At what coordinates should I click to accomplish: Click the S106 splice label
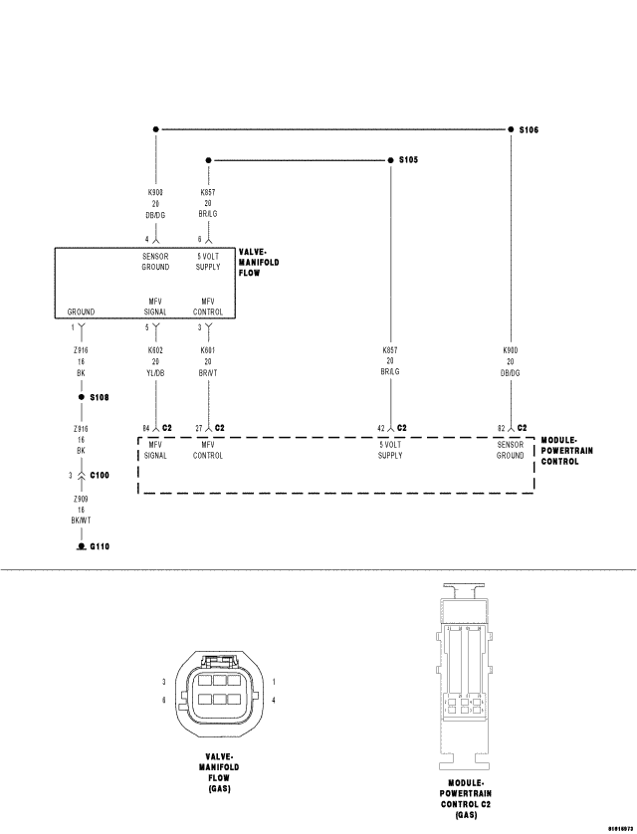tap(530, 129)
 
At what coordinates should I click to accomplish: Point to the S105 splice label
tap(408, 160)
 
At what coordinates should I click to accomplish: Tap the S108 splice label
tap(99, 397)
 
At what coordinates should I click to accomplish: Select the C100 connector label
tap(100, 475)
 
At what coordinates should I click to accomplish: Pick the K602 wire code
tap(156, 349)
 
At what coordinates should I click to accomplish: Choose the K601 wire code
tap(207, 349)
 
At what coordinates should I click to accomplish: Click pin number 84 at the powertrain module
tap(145, 428)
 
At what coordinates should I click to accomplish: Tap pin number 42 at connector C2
tap(380, 428)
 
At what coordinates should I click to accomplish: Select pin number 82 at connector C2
tap(501, 428)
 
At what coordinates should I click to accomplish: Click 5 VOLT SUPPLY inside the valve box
tap(208, 261)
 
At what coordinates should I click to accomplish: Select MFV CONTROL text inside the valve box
tap(208, 306)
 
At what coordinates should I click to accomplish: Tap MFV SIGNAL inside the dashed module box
tap(156, 450)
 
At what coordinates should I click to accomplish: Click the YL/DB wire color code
tap(156, 373)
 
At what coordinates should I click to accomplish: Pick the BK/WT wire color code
tap(81, 520)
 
